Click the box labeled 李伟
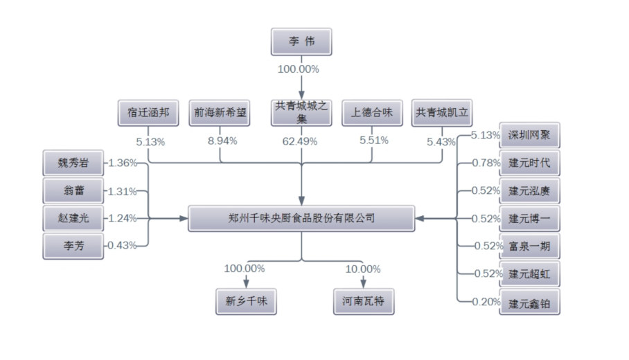point(301,42)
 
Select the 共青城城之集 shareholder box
point(301,112)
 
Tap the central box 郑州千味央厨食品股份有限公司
point(301,218)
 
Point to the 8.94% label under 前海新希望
point(222,141)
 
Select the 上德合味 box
point(372,112)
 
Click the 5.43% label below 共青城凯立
point(441,142)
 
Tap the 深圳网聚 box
point(529,135)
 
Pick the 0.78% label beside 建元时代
point(485,163)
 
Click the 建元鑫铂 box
point(529,302)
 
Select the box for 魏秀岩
point(73,163)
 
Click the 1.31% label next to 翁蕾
point(122,192)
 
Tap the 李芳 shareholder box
point(73,246)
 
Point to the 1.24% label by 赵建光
point(122,218)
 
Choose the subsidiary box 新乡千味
point(246,301)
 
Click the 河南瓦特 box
point(364,301)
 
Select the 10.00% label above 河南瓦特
point(364,269)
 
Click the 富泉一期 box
point(529,246)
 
